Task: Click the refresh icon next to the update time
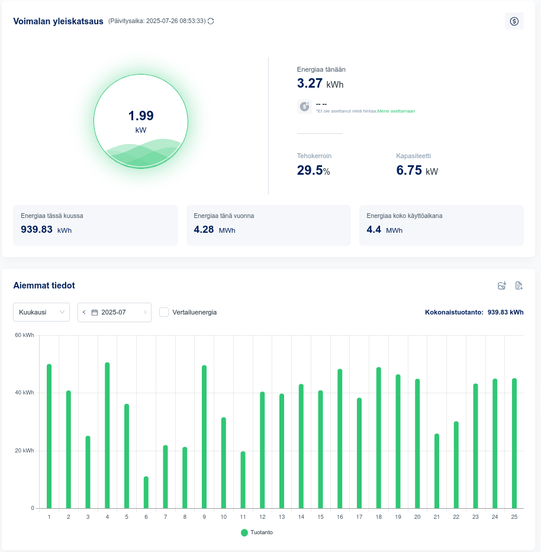(x=211, y=21)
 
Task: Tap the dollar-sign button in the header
(x=514, y=21)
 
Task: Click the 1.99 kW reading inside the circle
(x=141, y=116)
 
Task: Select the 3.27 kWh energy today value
(x=320, y=84)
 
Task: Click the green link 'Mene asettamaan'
(x=400, y=111)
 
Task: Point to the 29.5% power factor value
(x=313, y=171)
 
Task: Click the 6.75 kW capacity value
(x=417, y=171)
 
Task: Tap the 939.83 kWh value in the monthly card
(x=46, y=229)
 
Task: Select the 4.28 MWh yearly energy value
(x=214, y=229)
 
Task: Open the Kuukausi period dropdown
(x=41, y=312)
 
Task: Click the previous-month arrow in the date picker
(x=84, y=312)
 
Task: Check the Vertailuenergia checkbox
(x=164, y=312)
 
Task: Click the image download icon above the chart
(x=502, y=285)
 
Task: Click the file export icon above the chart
(x=519, y=285)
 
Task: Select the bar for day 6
(x=146, y=493)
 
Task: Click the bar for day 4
(x=107, y=435)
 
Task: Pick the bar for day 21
(x=437, y=471)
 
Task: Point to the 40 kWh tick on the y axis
(x=25, y=393)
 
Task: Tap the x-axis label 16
(x=340, y=517)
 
